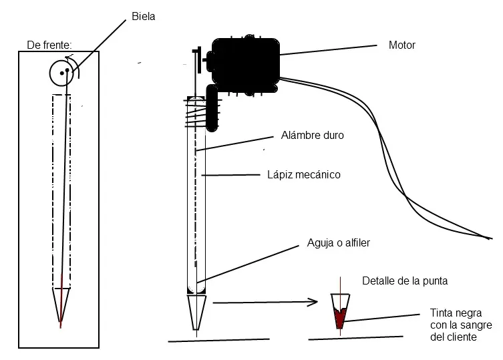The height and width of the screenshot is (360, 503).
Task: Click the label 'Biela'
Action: [x=144, y=16]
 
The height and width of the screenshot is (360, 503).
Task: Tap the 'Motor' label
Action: [x=401, y=45]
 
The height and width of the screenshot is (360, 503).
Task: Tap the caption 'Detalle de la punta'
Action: [x=404, y=281]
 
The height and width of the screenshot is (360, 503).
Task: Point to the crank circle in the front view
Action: [x=62, y=72]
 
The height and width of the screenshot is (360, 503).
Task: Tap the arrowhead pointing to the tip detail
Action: [x=312, y=302]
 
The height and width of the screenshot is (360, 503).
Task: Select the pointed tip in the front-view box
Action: [x=61, y=307]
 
